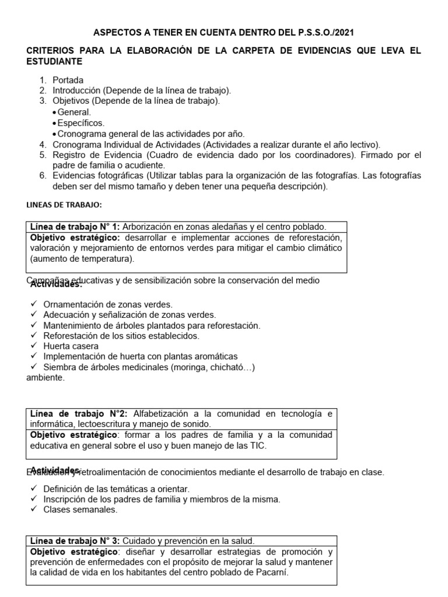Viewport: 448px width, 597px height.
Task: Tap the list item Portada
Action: pos(68,80)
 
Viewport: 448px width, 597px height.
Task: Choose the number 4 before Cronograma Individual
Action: pos(43,144)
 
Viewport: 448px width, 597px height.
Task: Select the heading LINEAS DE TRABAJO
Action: pos(65,205)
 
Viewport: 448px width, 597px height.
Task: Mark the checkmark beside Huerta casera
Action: pos(33,346)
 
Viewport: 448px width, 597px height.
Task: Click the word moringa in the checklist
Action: pos(185,367)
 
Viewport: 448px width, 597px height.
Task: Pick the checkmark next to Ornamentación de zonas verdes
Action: pos(33,304)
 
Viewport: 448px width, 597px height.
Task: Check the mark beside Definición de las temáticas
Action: pos(33,489)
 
